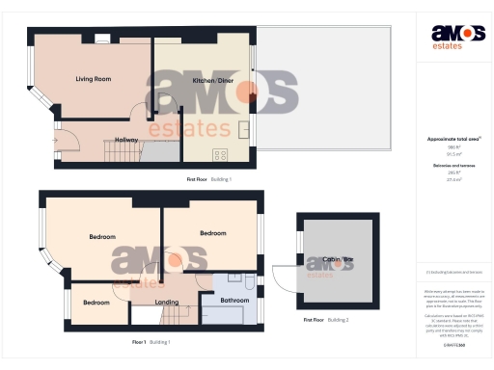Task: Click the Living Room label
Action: coord(95,79)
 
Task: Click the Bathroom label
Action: coord(234,301)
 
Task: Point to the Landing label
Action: coord(167,303)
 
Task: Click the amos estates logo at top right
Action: coord(452,37)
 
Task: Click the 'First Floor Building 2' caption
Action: coord(325,319)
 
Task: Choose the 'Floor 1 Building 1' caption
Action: coord(151,342)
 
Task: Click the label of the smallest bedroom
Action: coord(96,303)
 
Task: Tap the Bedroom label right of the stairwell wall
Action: coord(212,233)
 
